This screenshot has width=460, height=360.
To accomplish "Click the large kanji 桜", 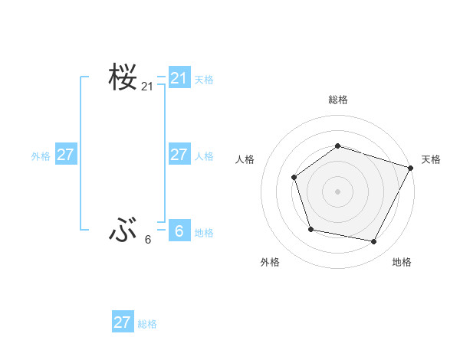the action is point(123,78).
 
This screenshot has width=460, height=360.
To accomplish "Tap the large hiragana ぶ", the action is point(123,229).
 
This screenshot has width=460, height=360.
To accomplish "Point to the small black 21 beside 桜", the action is point(147,87).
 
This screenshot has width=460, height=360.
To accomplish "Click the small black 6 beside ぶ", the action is point(148,240).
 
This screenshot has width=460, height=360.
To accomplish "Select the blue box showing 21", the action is point(179,78).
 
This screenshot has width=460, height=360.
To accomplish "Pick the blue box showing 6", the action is point(179,231).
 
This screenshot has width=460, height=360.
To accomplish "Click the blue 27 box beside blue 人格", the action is point(179,155).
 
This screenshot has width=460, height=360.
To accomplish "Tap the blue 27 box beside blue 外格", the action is point(66,155).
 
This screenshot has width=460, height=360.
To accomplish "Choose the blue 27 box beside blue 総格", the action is point(123,322).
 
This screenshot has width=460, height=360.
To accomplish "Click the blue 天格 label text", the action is point(204,79).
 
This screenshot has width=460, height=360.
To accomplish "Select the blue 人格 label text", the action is point(204,156).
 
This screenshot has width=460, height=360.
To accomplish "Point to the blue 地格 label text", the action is point(204,233).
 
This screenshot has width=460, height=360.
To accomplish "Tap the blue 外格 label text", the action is point(41,156).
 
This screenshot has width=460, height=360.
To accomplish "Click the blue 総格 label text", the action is point(147,324).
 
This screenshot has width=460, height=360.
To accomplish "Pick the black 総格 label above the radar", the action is point(337,100).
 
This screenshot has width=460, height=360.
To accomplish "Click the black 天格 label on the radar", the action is point(431,159).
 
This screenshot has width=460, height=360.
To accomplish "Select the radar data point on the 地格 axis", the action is point(374,242).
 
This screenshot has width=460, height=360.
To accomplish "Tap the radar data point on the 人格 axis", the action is point(294,178).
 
